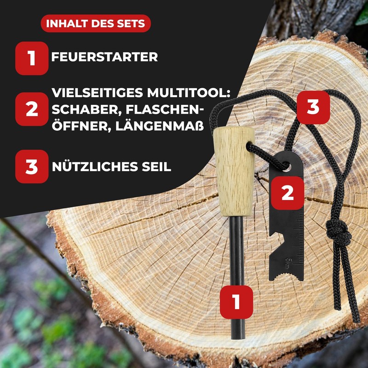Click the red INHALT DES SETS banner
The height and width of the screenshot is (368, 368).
pyautogui.click(x=96, y=23)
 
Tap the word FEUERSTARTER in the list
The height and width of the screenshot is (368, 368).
pyautogui.click(x=104, y=57)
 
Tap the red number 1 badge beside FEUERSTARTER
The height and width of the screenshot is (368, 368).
pyautogui.click(x=31, y=58)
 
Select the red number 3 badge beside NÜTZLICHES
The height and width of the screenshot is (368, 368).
pyautogui.click(x=31, y=167)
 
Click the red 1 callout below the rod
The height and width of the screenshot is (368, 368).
pyautogui.click(x=236, y=302)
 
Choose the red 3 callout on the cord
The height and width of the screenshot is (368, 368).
pyautogui.click(x=313, y=107)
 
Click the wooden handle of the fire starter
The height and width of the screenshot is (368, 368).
pyautogui.click(x=234, y=170)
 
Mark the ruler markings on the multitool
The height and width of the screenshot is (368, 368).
pyautogui.click(x=300, y=230)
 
